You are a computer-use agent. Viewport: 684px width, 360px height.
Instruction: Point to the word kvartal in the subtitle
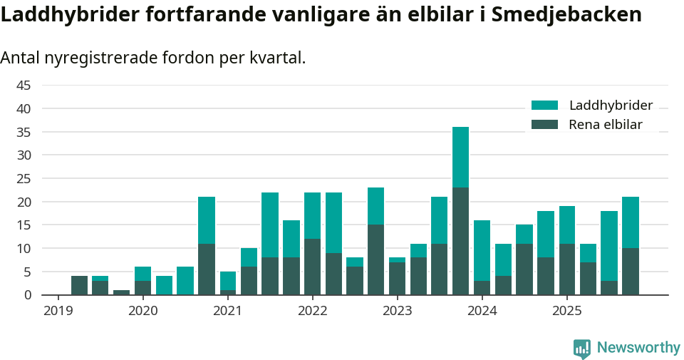point(274,58)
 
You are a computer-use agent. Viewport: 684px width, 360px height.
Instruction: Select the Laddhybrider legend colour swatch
point(545,106)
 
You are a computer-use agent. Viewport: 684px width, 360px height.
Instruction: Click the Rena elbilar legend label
point(605,125)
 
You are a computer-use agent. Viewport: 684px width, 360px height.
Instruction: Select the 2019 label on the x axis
point(58,311)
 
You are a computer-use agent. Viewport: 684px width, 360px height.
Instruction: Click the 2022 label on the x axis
point(312,311)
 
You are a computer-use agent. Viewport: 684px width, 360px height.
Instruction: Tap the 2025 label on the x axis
point(566,311)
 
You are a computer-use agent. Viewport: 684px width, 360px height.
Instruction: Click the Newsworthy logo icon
point(582,348)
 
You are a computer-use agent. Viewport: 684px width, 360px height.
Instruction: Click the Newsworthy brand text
point(638,348)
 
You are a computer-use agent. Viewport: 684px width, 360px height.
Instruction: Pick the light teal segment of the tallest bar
point(460,157)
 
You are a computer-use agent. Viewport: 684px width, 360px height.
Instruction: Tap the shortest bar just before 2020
point(122,292)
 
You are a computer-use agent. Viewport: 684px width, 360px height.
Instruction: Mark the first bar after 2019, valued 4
point(79,285)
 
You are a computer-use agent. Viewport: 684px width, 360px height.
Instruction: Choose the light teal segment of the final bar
point(630,222)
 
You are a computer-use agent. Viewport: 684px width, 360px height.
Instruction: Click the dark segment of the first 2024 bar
point(482,287)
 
